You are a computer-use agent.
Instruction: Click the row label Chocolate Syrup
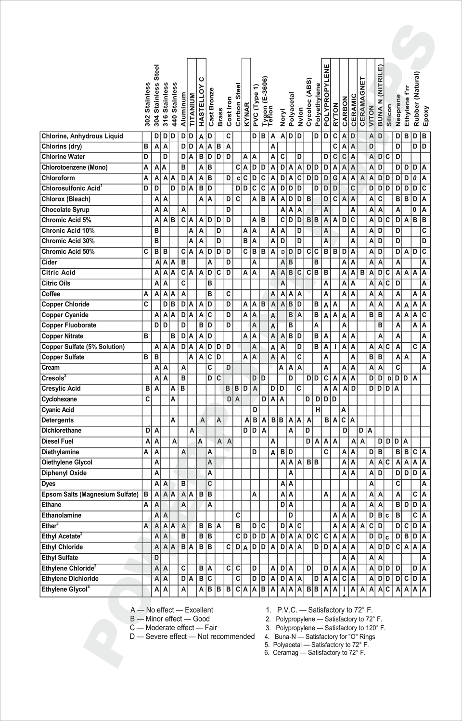click(x=65, y=210)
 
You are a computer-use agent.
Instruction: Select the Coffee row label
click(x=51, y=294)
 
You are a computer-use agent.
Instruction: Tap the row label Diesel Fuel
click(x=57, y=441)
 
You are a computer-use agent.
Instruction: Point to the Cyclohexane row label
click(x=59, y=399)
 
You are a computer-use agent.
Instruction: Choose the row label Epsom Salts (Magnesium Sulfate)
click(x=90, y=494)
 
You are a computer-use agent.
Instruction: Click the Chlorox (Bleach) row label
click(x=66, y=199)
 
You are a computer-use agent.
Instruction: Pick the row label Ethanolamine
click(x=62, y=515)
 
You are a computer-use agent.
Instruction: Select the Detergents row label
click(x=58, y=420)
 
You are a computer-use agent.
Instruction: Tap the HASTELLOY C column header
click(x=202, y=99)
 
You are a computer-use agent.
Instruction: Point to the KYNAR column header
click(x=246, y=114)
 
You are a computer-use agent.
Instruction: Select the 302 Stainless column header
click(x=147, y=104)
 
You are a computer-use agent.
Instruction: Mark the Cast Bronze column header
click(x=211, y=107)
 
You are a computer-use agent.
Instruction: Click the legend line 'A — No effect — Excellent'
click(x=172, y=610)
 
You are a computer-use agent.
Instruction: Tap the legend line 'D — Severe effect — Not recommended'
click(x=192, y=636)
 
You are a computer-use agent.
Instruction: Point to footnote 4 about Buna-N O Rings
click(x=320, y=636)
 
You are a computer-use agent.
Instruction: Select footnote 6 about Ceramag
click(x=315, y=653)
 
